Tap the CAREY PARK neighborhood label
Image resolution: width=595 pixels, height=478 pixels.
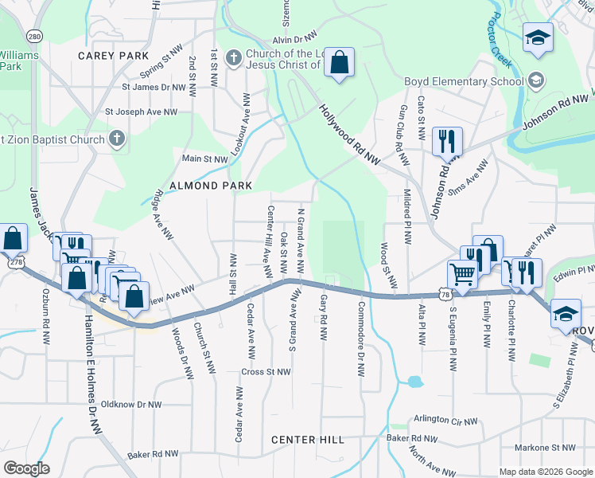click(x=114, y=56)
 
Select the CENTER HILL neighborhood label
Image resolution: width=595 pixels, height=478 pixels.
click(x=307, y=440)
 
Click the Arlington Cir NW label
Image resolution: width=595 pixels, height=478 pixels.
click(x=445, y=420)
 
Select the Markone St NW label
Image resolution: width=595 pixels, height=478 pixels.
click(x=545, y=448)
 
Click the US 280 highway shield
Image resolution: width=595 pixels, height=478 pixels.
click(x=33, y=37)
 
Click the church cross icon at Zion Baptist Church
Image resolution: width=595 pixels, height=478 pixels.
click(x=117, y=140)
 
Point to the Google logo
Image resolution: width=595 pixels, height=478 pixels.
click(x=27, y=468)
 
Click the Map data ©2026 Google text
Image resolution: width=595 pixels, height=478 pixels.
click(x=545, y=472)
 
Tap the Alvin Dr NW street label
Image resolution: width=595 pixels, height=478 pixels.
click(x=294, y=39)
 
